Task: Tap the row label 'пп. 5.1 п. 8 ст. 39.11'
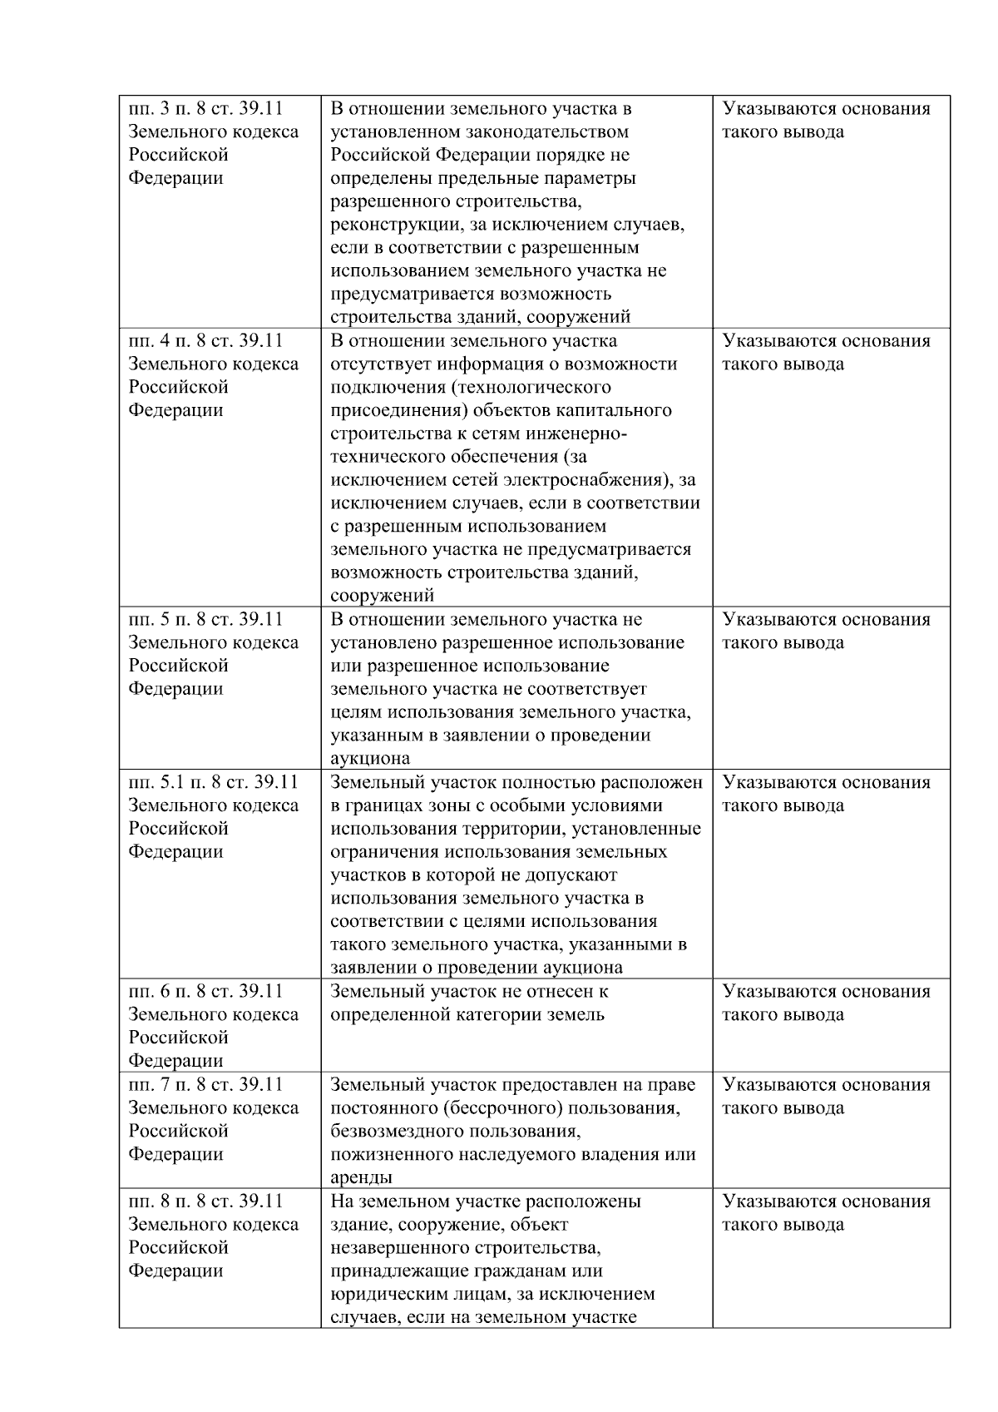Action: [213, 782]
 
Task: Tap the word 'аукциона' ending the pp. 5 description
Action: [370, 758]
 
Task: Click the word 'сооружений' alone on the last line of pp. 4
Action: [382, 596]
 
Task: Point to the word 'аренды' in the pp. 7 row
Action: [361, 1177]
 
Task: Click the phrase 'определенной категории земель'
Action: [467, 1014]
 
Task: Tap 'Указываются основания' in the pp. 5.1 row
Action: [826, 782]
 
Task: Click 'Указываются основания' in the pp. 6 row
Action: [826, 991]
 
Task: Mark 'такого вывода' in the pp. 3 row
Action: [783, 131]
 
